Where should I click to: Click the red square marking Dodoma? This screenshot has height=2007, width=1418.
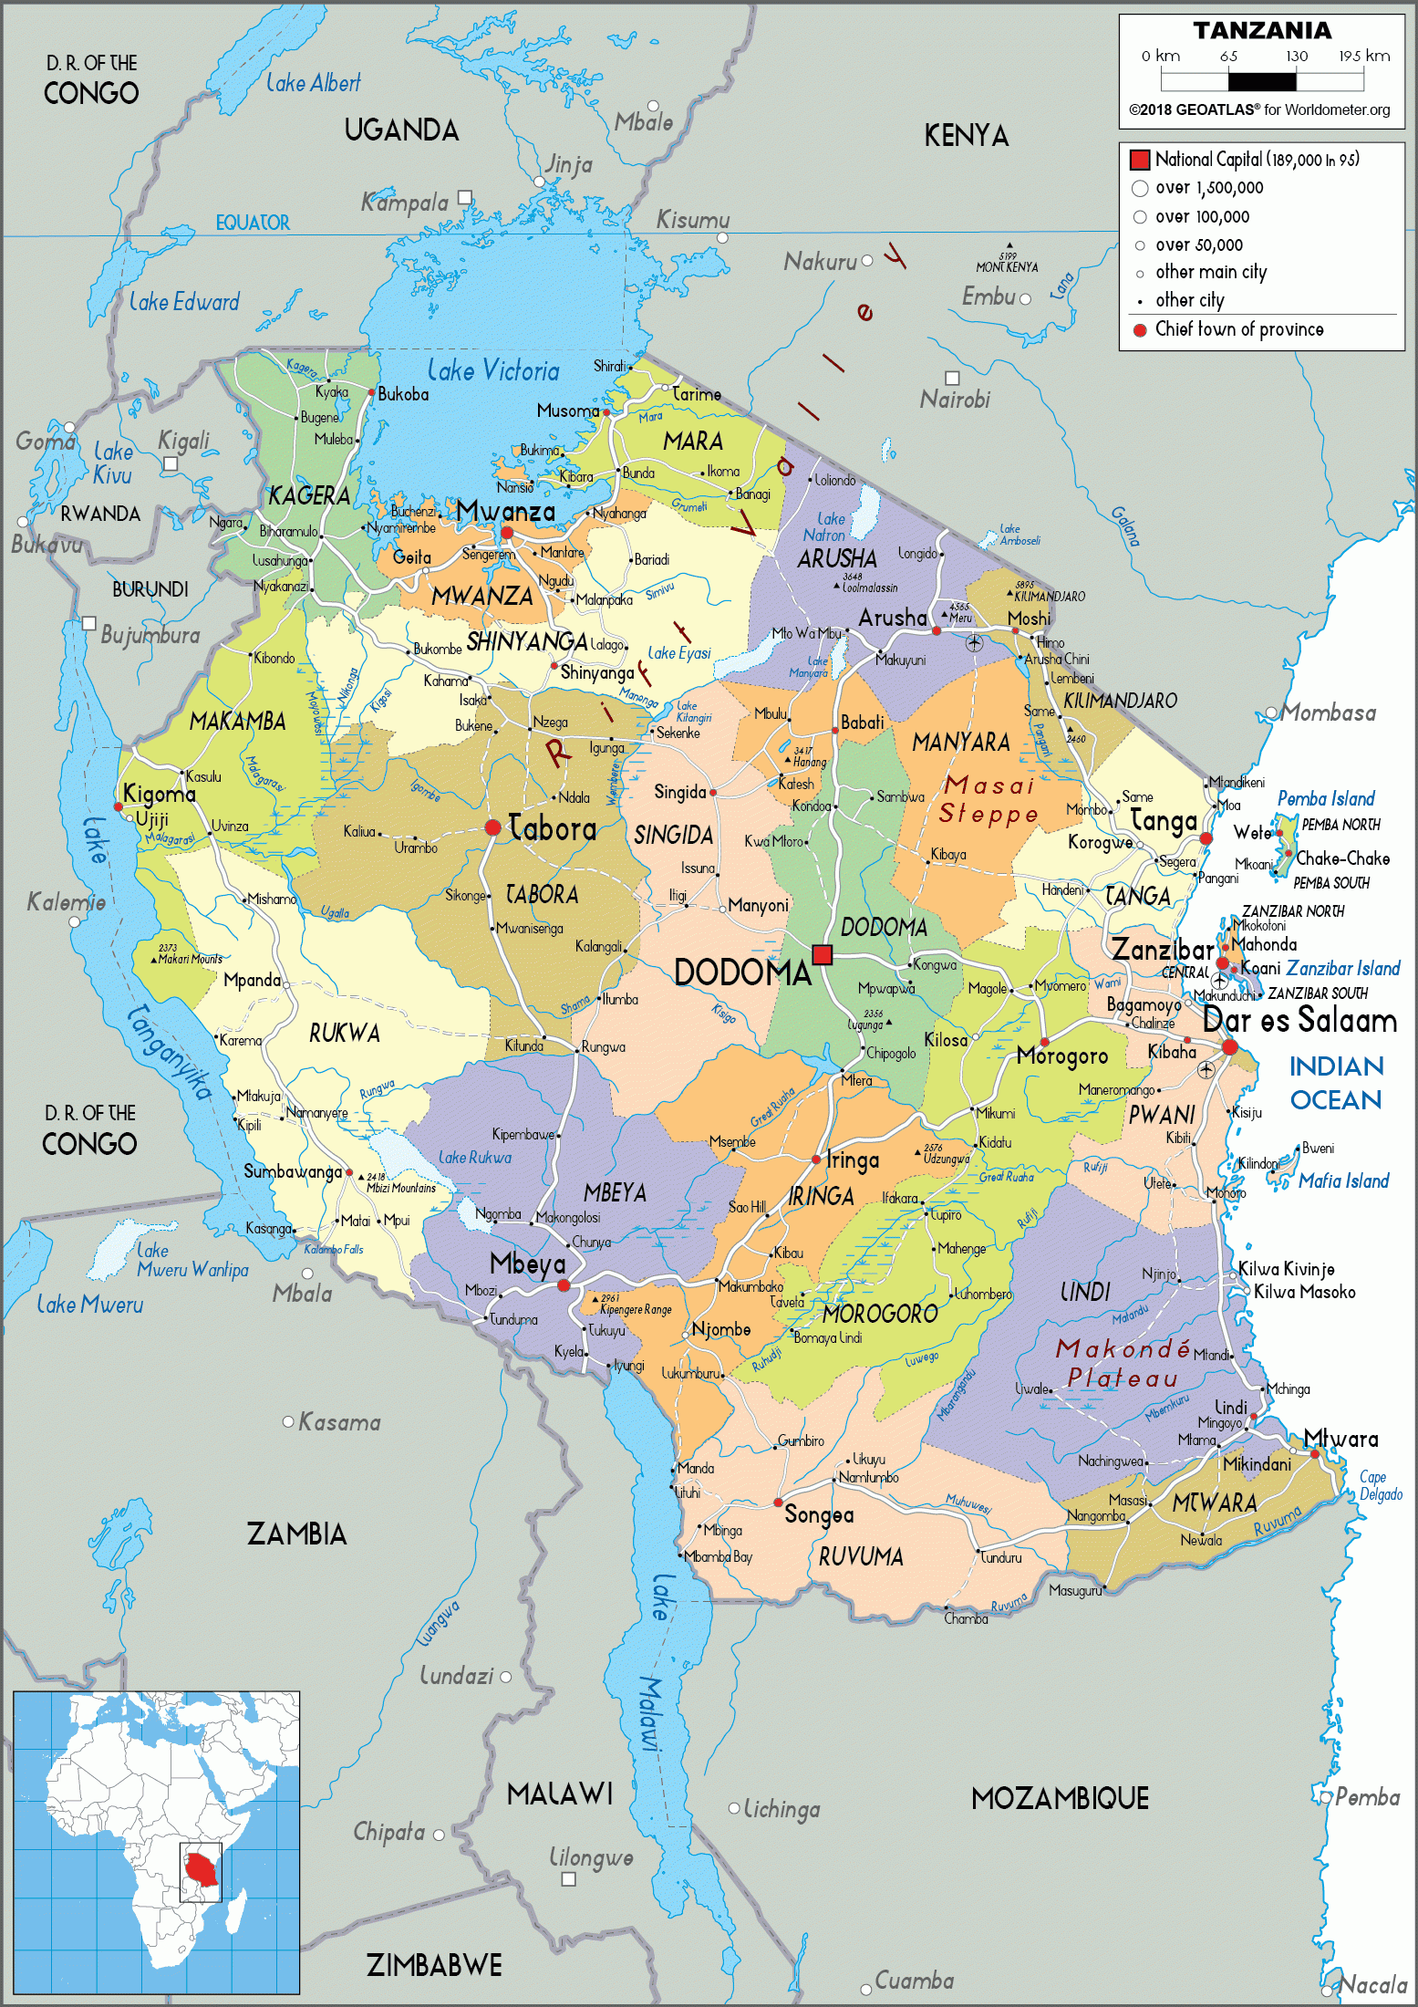pyautogui.click(x=823, y=954)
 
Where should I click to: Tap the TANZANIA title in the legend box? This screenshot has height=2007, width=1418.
pyautogui.click(x=1262, y=31)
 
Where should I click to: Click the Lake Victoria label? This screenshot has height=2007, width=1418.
pyautogui.click(x=493, y=370)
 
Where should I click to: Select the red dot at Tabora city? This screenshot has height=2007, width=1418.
pyautogui.click(x=492, y=827)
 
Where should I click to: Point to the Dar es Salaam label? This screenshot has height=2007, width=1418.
pyautogui.click(x=1299, y=1020)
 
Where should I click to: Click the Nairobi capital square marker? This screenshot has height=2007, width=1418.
pyautogui.click(x=952, y=378)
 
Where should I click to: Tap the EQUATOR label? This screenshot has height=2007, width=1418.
pyautogui.click(x=253, y=223)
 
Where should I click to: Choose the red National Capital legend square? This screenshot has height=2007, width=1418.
pyautogui.click(x=1139, y=160)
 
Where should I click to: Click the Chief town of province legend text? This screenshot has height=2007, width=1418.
pyautogui.click(x=1238, y=329)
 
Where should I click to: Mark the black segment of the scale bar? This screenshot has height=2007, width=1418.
pyautogui.click(x=1262, y=82)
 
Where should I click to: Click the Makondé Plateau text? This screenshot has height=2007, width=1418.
pyautogui.click(x=1123, y=1363)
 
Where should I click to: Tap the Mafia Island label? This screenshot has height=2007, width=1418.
pyautogui.click(x=1343, y=1181)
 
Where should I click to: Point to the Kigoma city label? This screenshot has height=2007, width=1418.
pyautogui.click(x=160, y=793)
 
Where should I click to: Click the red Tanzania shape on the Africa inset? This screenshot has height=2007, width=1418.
pyautogui.click(x=202, y=1867)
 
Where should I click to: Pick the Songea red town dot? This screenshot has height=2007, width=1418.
pyautogui.click(x=778, y=1503)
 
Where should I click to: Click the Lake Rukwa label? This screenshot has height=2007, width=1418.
pyautogui.click(x=475, y=1157)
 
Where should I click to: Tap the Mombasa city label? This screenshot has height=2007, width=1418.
pyautogui.click(x=1329, y=712)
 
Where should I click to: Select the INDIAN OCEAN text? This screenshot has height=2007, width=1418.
pyautogui.click(x=1336, y=1083)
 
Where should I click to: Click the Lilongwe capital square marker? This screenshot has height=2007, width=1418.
pyautogui.click(x=568, y=1878)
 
